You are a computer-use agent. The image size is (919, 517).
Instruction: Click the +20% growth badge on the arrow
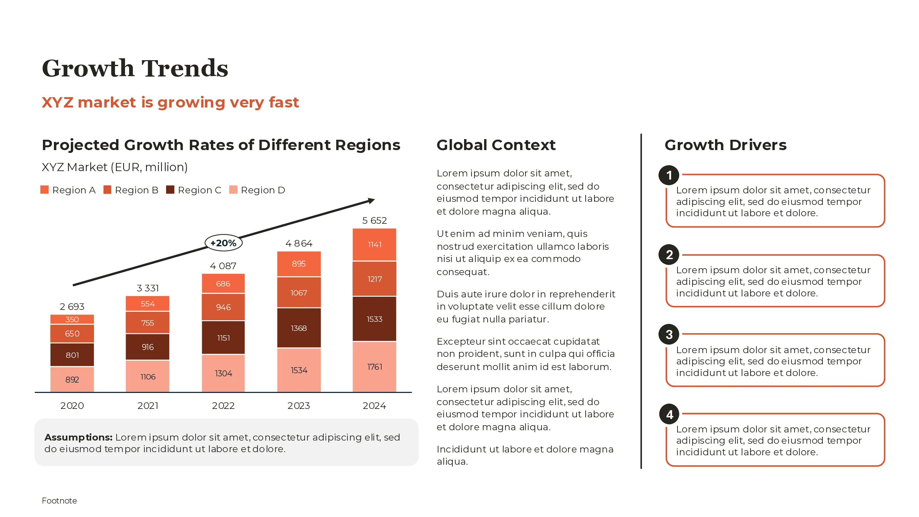223,243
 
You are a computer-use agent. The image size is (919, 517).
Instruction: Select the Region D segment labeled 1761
374,367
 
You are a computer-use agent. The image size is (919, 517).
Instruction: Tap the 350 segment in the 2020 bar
72,319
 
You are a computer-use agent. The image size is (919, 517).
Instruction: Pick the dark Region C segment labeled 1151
223,338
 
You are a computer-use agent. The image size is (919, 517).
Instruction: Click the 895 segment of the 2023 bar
299,264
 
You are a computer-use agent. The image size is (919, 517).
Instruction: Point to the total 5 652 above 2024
374,221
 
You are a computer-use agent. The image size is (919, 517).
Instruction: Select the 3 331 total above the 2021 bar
148,288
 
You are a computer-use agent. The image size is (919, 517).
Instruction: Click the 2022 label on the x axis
223,406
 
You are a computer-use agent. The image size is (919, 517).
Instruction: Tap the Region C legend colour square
170,190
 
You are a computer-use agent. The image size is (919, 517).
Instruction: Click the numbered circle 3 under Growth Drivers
669,334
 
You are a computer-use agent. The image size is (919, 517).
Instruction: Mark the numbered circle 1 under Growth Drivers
669,175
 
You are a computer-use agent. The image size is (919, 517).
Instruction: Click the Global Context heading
496,145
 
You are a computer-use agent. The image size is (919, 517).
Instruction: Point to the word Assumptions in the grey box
78,437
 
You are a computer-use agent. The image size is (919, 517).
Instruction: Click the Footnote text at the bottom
59,501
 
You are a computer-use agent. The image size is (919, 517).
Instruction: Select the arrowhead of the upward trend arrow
371,201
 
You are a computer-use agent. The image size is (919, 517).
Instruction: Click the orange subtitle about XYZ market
170,102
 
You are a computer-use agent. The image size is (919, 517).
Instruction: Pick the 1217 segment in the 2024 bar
374,279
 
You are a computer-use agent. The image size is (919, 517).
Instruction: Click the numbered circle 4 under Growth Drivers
669,414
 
